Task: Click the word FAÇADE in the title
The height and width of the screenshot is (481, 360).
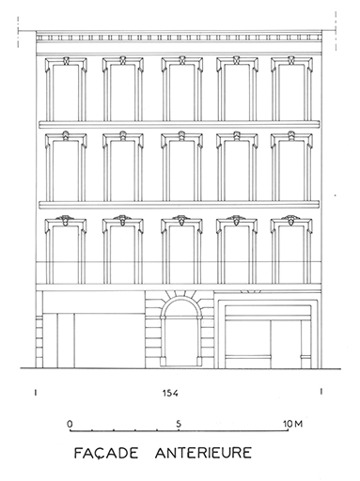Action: (105, 453)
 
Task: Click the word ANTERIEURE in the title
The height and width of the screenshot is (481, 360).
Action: (203, 453)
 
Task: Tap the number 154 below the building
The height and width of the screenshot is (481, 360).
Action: (170, 393)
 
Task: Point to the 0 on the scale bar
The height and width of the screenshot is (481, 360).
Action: (70, 424)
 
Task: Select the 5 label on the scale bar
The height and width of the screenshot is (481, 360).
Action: (179, 424)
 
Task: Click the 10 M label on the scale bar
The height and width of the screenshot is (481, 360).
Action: (293, 424)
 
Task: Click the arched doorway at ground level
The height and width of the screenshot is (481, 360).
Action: (180, 332)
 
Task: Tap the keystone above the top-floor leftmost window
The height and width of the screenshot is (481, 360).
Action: (66, 60)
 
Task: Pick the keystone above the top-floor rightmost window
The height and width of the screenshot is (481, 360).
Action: (291, 60)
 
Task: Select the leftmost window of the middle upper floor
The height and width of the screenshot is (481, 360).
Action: (66, 166)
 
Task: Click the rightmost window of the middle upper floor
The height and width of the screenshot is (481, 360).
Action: (291, 166)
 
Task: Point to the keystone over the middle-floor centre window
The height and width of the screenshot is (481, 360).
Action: (181, 135)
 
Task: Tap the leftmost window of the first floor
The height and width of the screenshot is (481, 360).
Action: (66, 251)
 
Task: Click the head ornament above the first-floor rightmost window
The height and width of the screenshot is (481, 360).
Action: (290, 220)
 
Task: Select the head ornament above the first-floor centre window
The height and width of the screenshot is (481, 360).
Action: (181, 220)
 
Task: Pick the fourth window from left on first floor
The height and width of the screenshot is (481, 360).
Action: (237, 251)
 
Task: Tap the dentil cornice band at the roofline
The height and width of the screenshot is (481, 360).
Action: (179, 38)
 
